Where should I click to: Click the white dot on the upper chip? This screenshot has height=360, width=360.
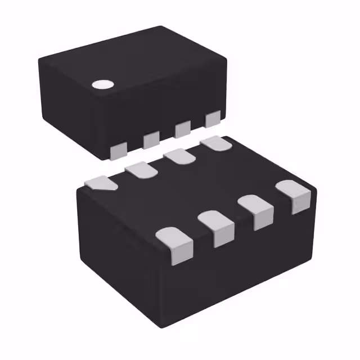coord(102,85)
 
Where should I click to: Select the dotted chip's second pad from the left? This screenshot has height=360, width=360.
coord(151,139)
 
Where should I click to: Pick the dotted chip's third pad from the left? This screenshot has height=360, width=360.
coord(182,129)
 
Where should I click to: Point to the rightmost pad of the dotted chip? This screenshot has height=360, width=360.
coord(213,119)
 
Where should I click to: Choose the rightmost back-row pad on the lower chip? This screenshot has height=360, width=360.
coord(217,143)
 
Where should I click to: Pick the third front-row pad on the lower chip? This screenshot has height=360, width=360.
coord(258,213)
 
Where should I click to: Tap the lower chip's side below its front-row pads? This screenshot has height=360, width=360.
coord(236,270)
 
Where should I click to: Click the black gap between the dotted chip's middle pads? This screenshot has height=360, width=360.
coord(166,135)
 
